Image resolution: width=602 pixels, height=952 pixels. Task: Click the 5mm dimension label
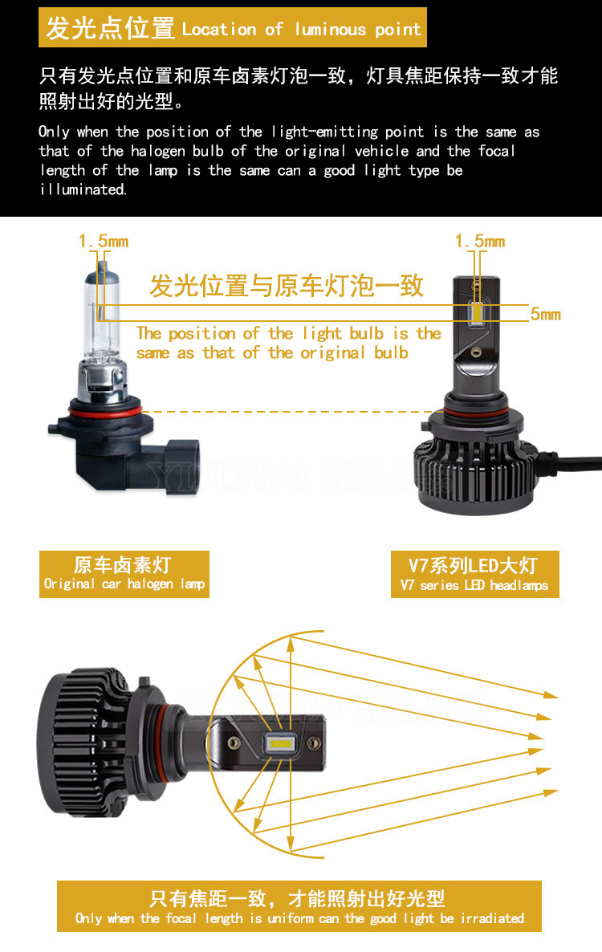[546, 314]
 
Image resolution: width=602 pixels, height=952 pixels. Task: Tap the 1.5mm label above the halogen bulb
[104, 242]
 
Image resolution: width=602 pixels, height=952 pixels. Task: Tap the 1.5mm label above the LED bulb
[480, 242]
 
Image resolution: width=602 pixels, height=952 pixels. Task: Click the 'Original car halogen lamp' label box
[124, 575]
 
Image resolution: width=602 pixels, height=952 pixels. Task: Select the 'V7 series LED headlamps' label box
[474, 575]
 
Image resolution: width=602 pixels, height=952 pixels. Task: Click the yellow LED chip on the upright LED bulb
[477, 311]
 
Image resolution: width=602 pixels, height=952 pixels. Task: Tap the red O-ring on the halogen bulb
[98, 413]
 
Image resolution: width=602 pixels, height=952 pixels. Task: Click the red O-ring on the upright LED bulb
[475, 413]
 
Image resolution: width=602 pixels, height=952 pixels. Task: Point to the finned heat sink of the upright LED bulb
[476, 470]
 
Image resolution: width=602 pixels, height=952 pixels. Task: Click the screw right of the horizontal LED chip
[313, 743]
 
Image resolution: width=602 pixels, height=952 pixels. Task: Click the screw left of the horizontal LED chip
[234, 742]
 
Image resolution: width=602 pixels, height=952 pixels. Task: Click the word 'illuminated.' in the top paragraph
[83, 189]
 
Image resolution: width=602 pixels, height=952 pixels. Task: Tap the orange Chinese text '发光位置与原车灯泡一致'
[287, 285]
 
